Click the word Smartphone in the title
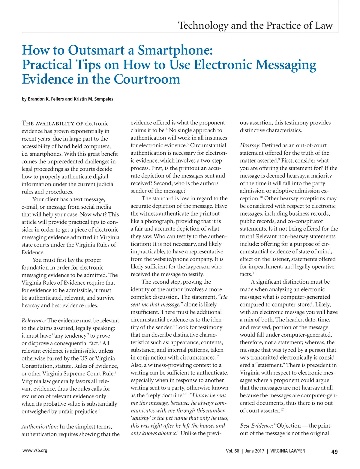pos(175,50)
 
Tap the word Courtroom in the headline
pos(147,79)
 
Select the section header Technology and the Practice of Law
pos(255,25)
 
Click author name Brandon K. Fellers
pos(46,99)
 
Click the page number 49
pos(334,452)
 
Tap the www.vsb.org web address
pos(35,450)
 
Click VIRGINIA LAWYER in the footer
pos(287,451)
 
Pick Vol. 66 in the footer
pos(232,451)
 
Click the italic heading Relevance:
pos(34,321)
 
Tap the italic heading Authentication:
pos(40,426)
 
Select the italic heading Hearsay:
pos(250,145)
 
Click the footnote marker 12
pos(282,409)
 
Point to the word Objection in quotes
pos(289,426)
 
